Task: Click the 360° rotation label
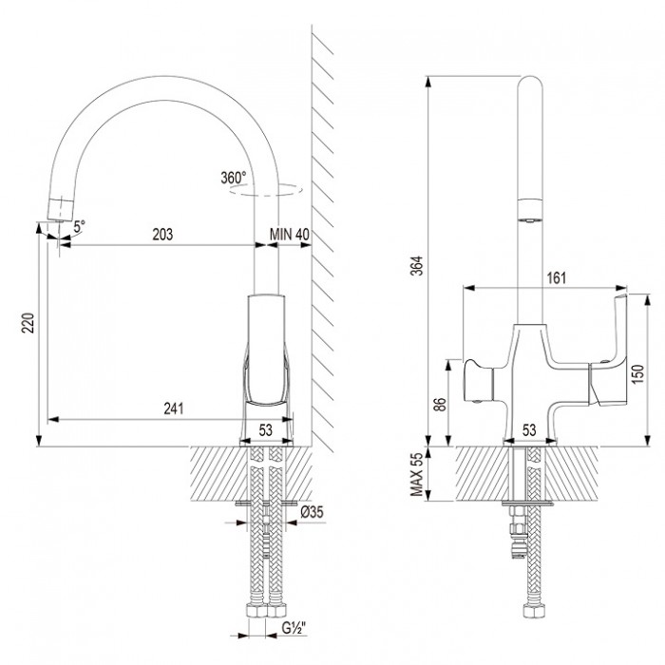233,177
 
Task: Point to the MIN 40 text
290,235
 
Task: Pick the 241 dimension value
172,408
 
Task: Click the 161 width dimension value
558,279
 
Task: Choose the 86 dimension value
438,403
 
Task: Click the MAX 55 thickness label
415,472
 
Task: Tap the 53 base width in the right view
531,430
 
